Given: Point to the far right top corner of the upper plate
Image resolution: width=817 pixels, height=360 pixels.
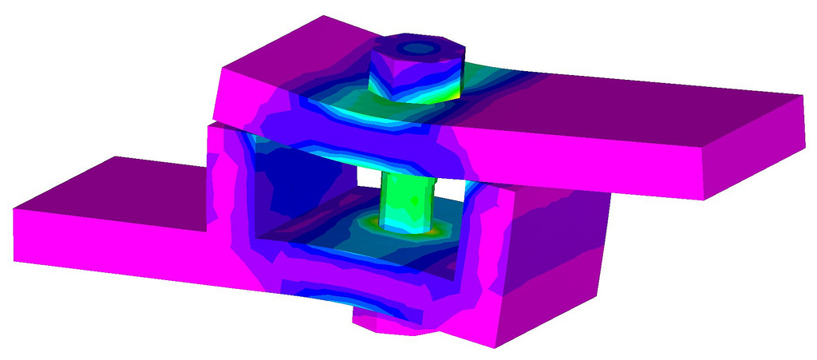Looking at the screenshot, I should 803,96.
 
